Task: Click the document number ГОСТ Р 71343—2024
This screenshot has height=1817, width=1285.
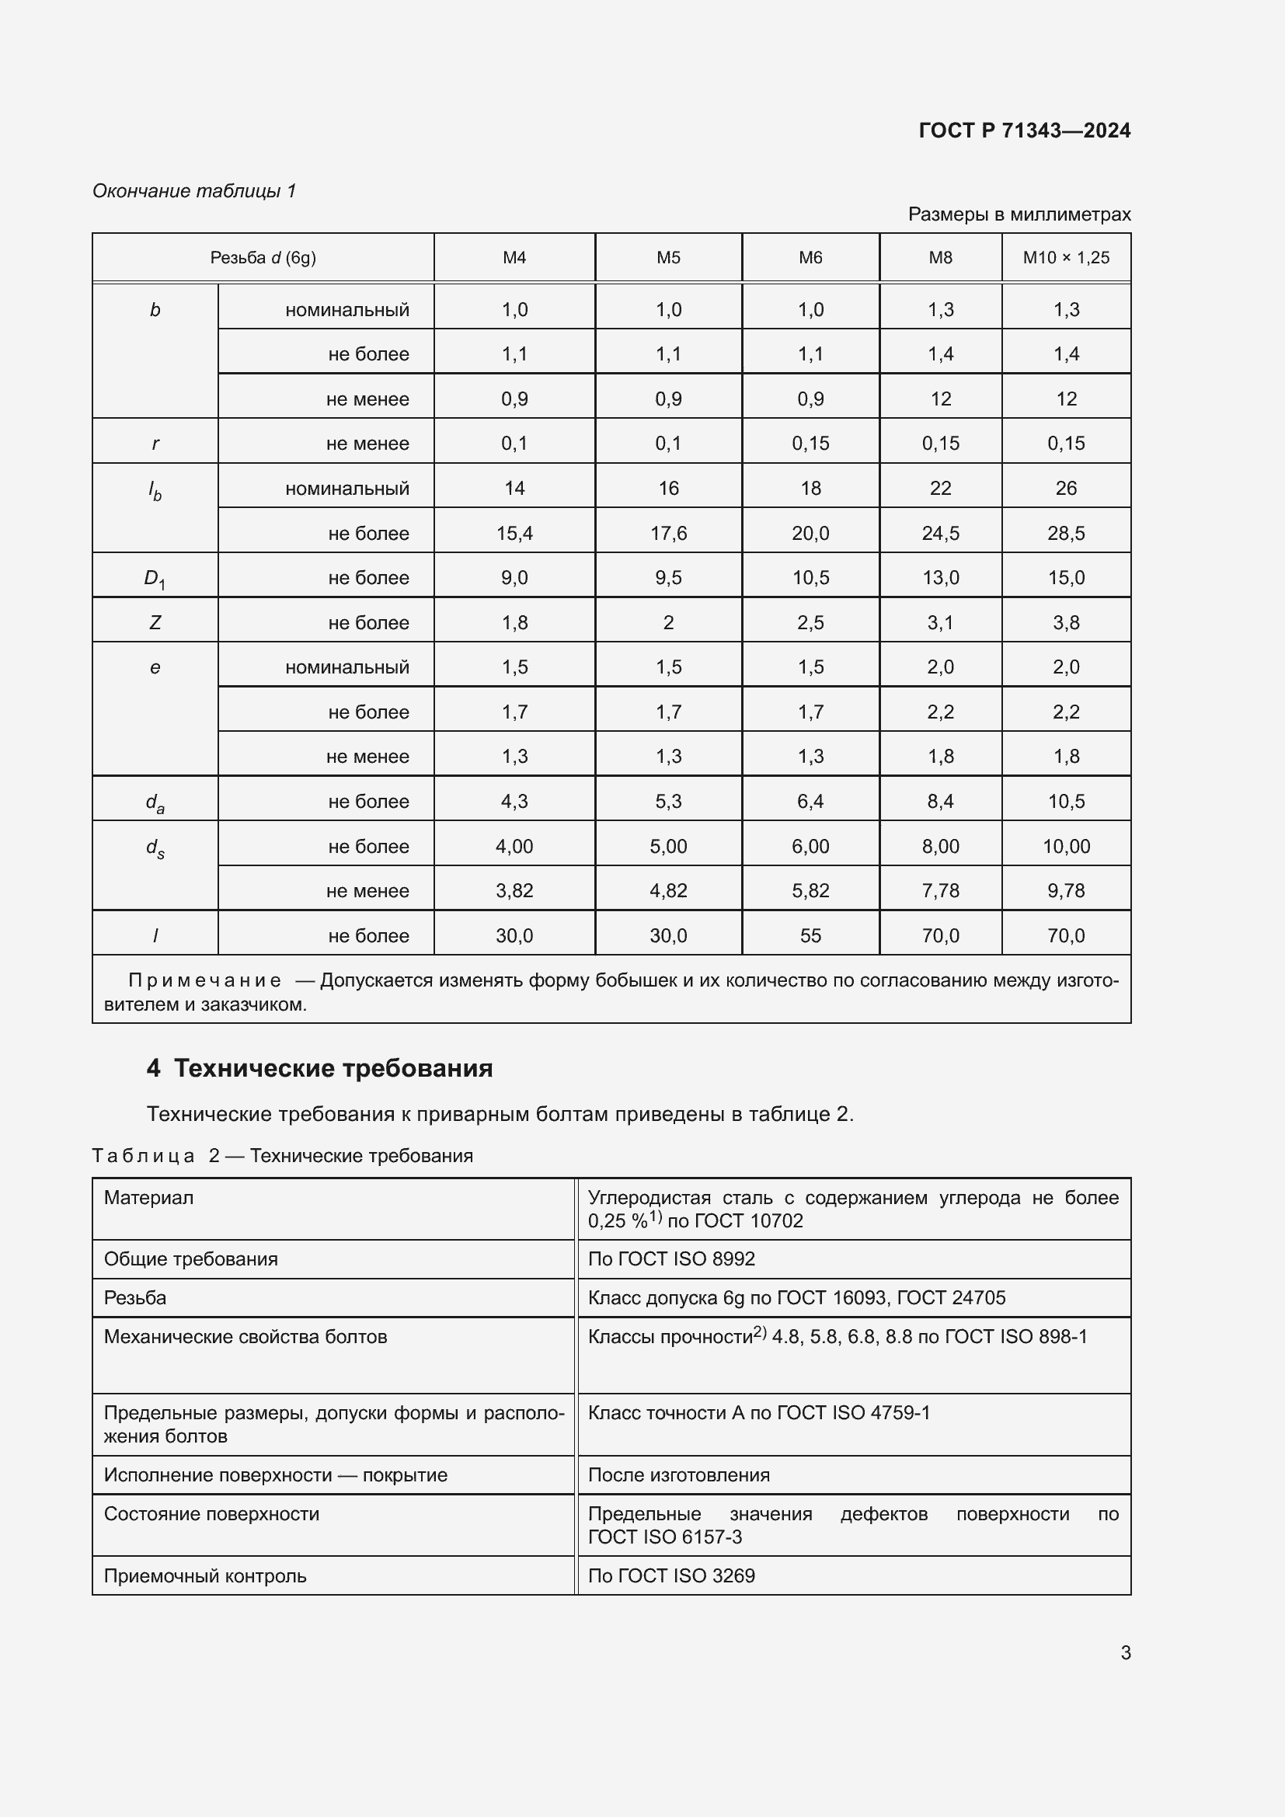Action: coord(1024,131)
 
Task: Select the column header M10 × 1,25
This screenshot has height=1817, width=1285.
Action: coord(1066,257)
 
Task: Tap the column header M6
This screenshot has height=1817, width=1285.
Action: coord(810,257)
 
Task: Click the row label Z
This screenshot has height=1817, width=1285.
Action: coord(155,623)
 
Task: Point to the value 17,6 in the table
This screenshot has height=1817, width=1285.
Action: coord(668,534)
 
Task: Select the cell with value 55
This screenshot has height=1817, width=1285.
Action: coord(810,935)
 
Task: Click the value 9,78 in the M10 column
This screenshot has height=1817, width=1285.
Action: coord(1066,890)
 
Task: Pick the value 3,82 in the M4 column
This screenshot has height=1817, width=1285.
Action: coord(514,890)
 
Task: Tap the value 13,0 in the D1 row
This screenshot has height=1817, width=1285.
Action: coord(940,578)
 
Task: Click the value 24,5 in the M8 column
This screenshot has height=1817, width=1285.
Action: coord(940,534)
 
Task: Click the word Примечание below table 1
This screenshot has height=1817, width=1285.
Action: coord(204,980)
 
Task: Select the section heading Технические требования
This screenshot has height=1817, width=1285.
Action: coord(333,1068)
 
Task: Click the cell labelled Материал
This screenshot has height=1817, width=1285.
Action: coord(148,1197)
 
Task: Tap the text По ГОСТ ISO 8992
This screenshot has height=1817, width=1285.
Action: coord(671,1258)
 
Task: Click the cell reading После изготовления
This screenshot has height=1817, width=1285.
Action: coord(678,1474)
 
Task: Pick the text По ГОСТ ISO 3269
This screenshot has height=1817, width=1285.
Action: coord(671,1575)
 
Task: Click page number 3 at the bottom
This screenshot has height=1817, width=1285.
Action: coord(1125,1652)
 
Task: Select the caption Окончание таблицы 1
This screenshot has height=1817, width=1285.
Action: coord(194,191)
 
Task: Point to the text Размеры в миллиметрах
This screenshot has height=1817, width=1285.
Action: coord(1019,214)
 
